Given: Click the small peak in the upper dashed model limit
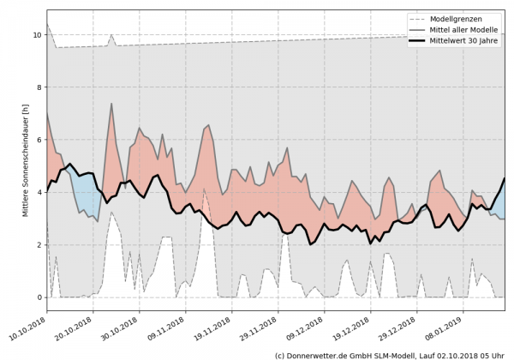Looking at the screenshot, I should [111, 36].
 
